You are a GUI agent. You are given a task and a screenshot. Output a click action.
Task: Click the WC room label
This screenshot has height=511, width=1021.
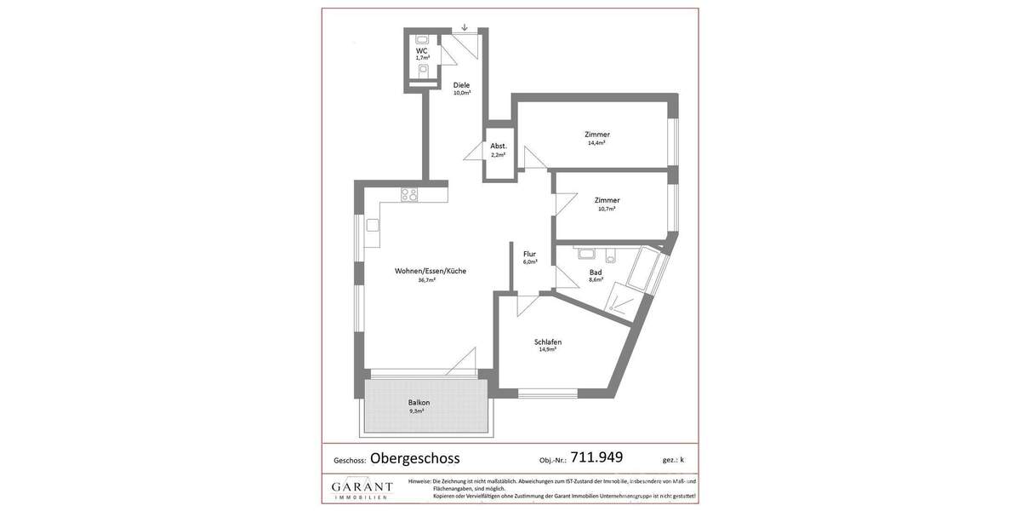click(421, 51)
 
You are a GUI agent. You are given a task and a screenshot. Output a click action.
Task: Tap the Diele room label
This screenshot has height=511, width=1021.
click(461, 85)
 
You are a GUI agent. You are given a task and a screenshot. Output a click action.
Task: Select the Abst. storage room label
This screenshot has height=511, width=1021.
click(498, 146)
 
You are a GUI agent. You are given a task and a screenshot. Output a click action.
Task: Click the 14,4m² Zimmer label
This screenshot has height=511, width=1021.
click(596, 135)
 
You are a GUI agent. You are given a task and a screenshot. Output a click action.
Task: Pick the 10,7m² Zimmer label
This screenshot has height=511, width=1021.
click(607, 200)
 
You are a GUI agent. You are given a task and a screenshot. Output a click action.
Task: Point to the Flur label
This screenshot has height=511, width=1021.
click(529, 254)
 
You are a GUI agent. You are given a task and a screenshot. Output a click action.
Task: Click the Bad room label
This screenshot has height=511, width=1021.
click(596, 273)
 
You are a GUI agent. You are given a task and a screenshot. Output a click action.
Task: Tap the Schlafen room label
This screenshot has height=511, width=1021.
click(547, 342)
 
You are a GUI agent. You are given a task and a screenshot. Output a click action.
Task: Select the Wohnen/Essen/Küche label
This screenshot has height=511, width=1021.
click(430, 272)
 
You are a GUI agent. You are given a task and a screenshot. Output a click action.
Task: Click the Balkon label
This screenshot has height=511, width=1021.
click(418, 403)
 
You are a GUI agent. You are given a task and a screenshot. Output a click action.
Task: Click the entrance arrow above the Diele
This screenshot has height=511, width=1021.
click(464, 27)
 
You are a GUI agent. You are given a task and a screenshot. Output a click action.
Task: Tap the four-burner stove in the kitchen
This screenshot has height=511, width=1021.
click(409, 194)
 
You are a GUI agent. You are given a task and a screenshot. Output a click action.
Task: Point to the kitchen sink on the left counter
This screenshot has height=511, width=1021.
click(373, 226)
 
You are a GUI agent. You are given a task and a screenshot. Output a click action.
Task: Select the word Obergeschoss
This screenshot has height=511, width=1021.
click(414, 458)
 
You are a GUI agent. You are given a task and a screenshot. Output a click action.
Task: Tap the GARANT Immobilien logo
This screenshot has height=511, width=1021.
click(362, 489)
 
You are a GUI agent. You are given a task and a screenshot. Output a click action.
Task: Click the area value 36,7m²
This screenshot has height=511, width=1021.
click(426, 280)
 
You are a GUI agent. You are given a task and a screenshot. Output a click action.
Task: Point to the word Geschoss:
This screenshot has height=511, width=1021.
click(350, 461)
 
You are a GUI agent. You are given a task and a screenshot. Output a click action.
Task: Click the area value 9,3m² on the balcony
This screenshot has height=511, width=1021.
click(416, 411)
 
